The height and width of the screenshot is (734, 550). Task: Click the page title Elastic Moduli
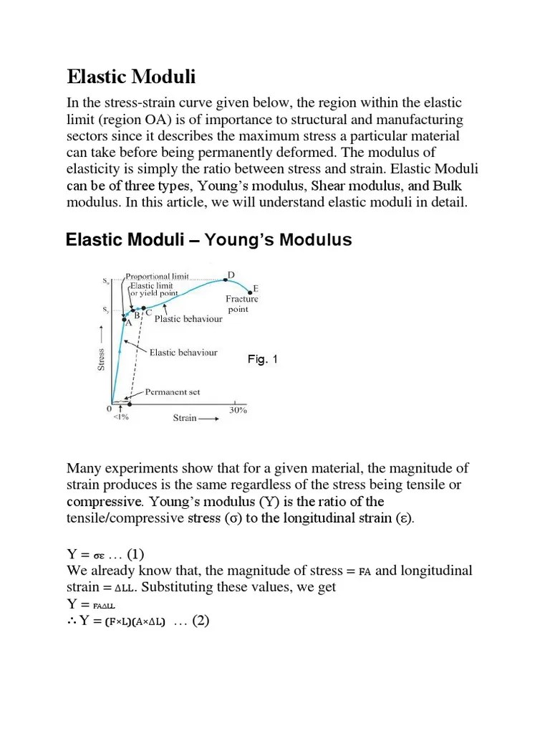(x=131, y=76)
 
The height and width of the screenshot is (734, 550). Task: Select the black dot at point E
(x=251, y=292)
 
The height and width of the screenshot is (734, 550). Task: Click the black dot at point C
(x=144, y=309)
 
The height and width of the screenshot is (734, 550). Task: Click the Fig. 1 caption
(x=262, y=359)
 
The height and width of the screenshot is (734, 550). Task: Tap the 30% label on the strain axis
(x=238, y=410)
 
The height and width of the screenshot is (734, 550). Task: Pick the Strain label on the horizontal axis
(x=185, y=418)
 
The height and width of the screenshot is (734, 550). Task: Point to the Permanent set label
(x=173, y=392)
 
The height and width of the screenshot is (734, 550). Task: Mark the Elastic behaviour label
(x=183, y=353)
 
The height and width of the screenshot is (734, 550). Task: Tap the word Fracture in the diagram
(x=241, y=299)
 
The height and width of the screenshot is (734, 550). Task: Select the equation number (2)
(x=195, y=621)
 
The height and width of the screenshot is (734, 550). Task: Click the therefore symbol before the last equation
(x=72, y=621)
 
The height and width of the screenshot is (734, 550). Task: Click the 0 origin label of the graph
(x=110, y=409)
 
